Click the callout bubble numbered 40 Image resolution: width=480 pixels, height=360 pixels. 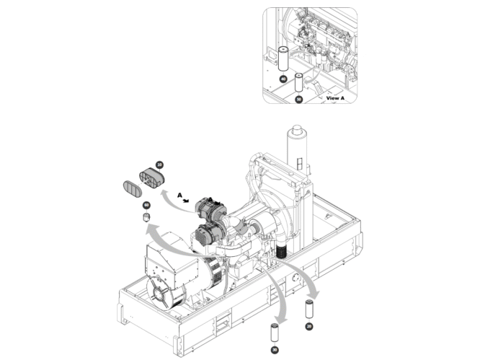click(284, 78)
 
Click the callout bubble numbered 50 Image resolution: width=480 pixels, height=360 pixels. click(298, 100)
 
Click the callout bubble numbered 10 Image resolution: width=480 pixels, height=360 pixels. click(159, 165)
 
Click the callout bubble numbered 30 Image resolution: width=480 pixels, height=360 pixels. click(274, 351)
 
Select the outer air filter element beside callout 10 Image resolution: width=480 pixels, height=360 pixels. click(149, 177)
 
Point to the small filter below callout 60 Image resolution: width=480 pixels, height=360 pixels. click(145, 218)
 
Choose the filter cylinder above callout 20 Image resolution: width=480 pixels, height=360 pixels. click(308, 309)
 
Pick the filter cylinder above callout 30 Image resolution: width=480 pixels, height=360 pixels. click(274, 333)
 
